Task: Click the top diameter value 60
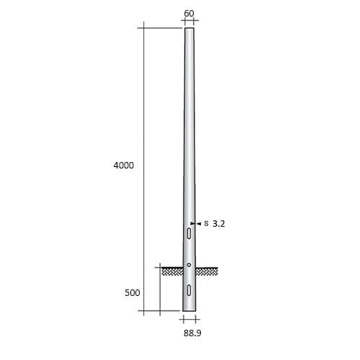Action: coord(189,13)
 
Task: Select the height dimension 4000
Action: coord(124,166)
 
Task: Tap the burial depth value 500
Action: coord(131,293)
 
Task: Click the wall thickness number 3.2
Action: coord(220,224)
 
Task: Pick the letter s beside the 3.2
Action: coord(206,224)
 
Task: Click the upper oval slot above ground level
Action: coord(189,234)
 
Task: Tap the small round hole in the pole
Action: coord(189,265)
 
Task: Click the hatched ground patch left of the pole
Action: coord(171,271)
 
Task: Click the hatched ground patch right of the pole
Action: coord(207,271)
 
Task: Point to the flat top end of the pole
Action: coord(189,29)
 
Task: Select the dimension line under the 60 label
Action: coord(189,22)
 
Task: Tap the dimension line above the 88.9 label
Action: coord(189,319)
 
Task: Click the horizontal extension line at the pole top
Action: coord(162,28)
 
